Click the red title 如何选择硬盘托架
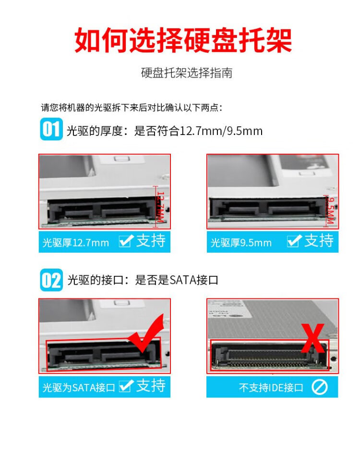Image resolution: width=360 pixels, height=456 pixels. [183, 40]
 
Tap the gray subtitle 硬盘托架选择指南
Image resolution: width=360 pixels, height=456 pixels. [187, 73]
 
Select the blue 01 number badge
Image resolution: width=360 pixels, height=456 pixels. [51, 129]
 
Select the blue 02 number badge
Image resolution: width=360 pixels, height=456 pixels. [51, 280]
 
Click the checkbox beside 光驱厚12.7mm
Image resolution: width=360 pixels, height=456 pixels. [126, 241]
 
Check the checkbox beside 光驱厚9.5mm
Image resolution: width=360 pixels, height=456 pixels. [294, 241]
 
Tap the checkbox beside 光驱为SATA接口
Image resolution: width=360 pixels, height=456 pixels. [126, 386]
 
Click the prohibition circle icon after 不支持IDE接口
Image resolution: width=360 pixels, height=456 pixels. [319, 387]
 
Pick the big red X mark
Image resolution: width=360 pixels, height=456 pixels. [312, 338]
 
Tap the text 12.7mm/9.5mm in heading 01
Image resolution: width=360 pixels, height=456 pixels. [221, 131]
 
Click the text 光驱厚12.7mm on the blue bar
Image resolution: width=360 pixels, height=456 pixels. [75, 242]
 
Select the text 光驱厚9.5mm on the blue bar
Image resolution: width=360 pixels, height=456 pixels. [241, 242]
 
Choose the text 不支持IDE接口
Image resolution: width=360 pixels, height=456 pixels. [271, 387]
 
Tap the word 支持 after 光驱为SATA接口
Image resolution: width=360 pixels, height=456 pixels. [151, 386]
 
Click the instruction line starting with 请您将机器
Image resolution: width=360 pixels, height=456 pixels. [132, 108]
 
